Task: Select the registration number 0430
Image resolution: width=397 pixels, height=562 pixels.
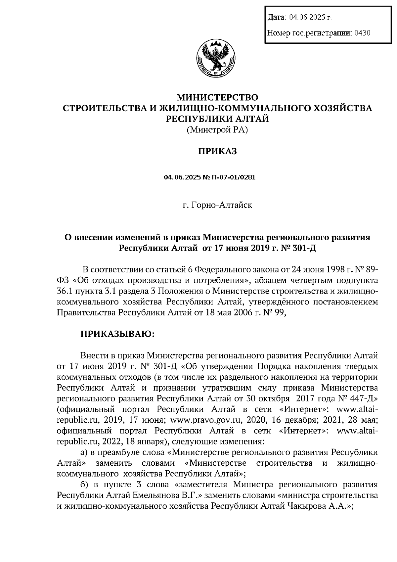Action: coord(362,33)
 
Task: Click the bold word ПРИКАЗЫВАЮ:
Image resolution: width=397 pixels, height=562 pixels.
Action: coord(117,334)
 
